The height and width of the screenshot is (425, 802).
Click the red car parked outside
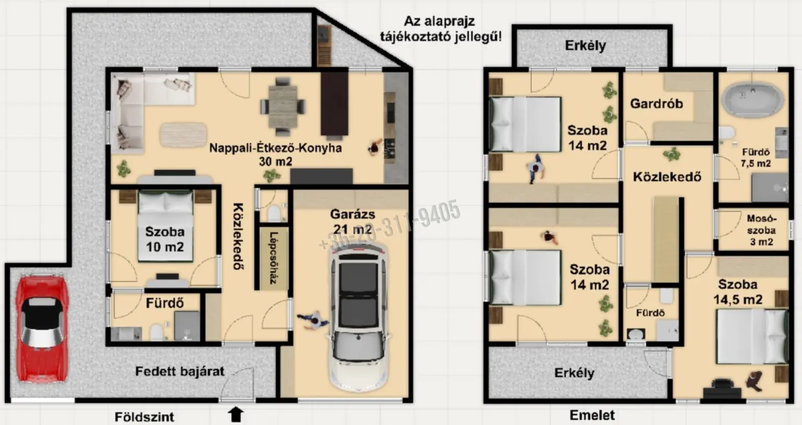(42, 329)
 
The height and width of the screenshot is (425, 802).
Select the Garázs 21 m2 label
(352, 222)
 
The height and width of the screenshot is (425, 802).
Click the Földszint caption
(144, 417)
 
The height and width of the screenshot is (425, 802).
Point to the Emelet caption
(592, 415)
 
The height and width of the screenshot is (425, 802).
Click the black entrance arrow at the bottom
(235, 415)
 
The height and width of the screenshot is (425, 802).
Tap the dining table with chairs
(283, 106)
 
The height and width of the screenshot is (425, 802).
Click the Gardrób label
(657, 104)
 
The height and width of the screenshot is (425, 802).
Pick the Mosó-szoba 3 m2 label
(762, 230)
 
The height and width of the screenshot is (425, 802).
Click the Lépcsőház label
(274, 258)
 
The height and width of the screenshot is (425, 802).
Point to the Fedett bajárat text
(180, 371)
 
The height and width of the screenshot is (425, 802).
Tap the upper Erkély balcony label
(585, 46)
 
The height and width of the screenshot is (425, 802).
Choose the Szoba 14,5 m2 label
(738, 292)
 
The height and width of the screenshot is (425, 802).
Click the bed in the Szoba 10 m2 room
(166, 226)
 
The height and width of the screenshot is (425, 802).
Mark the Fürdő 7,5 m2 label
(756, 158)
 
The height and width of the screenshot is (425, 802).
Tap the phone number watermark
(390, 224)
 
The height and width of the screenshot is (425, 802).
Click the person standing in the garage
(313, 320)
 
